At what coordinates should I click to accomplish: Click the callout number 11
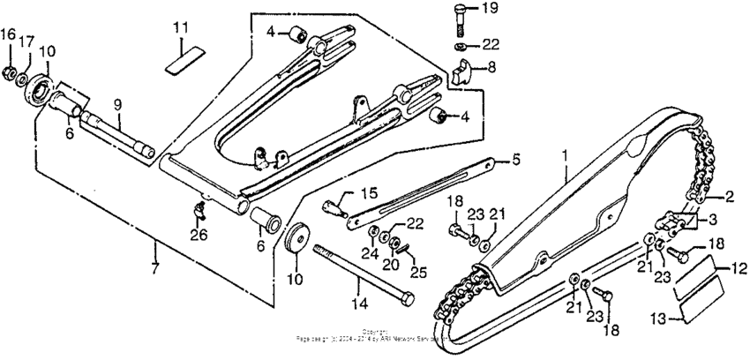click(180, 28)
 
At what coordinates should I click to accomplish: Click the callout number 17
click(29, 41)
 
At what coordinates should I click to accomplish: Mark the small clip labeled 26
click(199, 209)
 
